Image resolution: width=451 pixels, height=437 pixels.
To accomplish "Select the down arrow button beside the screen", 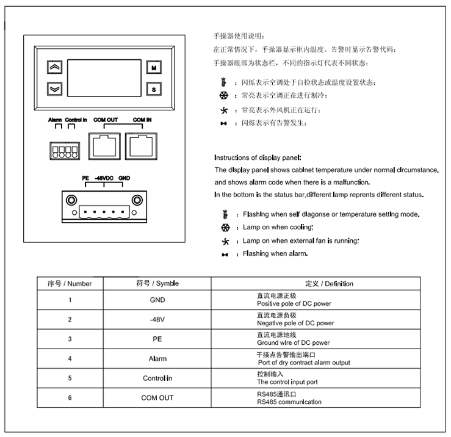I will coord(54,88).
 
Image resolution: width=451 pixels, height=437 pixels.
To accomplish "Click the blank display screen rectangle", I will coord(103,78).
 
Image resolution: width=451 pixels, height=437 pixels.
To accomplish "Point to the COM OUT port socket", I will coord(106,145).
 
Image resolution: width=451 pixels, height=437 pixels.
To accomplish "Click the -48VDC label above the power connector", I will coord(104,178).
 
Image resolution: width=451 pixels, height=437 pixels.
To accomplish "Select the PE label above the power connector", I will coord(85,178).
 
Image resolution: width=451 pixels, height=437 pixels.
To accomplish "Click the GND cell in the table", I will coord(157,300).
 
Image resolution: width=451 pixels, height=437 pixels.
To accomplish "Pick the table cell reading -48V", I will coord(157,319).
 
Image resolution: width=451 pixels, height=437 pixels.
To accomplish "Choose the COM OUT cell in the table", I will coord(157,397).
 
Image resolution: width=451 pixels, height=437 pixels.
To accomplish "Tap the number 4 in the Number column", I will coord(70,358).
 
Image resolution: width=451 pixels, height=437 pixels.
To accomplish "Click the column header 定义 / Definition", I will coord(329,283).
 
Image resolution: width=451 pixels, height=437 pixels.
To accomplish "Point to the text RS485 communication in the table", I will coord(289,402).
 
